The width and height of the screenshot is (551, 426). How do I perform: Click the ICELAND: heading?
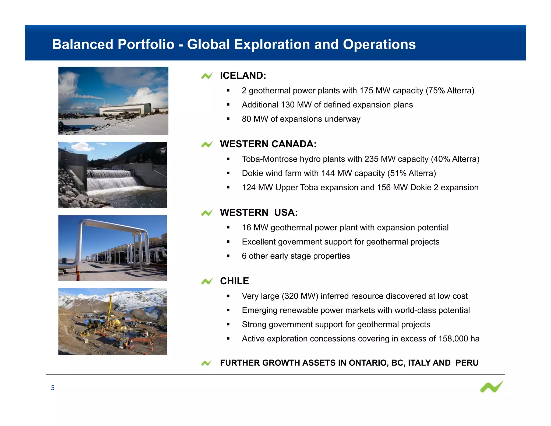(243, 76)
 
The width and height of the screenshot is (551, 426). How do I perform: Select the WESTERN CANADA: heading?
(268, 144)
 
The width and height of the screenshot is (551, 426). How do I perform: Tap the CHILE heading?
(234, 281)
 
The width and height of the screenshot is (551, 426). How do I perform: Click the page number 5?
(53, 388)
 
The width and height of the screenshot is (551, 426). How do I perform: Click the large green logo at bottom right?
(492, 387)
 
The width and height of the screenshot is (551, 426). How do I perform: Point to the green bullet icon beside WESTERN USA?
(207, 213)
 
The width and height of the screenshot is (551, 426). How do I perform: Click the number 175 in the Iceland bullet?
(366, 90)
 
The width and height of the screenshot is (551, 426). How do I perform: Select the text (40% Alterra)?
(455, 159)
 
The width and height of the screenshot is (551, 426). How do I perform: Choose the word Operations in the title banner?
(379, 44)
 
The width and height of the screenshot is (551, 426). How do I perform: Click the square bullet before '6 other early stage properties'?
(228, 256)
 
